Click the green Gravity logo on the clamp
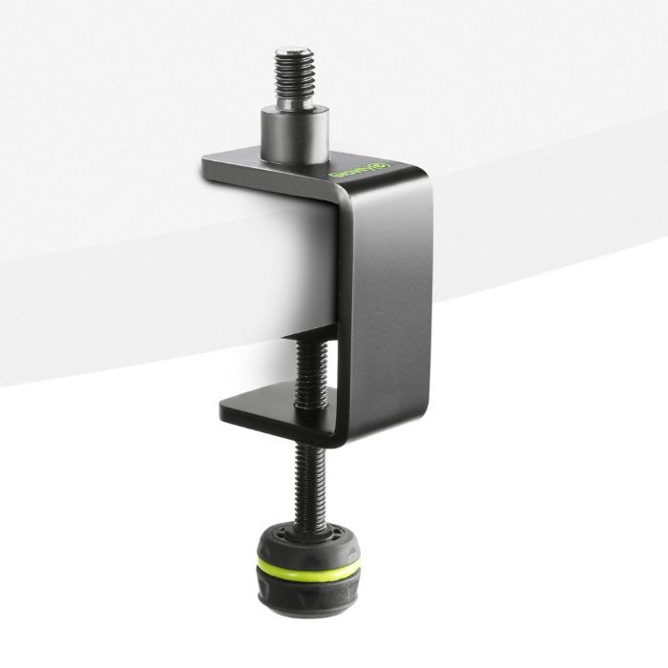372,171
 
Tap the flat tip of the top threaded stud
294,53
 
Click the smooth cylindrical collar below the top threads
295,134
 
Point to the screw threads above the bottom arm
310,367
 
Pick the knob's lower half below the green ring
308,594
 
